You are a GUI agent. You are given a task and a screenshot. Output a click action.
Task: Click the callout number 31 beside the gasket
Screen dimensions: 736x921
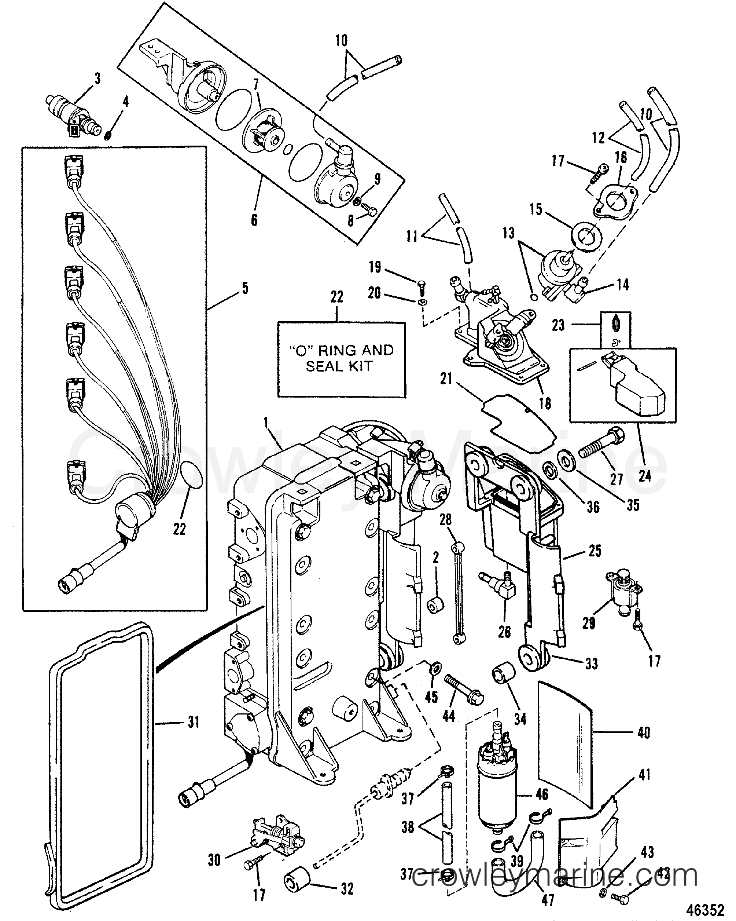[194, 722]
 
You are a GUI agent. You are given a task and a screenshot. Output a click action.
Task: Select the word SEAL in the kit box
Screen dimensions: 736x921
[324, 366]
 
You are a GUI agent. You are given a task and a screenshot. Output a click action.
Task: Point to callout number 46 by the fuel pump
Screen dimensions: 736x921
[541, 794]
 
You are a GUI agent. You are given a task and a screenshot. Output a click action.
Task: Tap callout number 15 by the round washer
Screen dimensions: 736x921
[536, 209]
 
